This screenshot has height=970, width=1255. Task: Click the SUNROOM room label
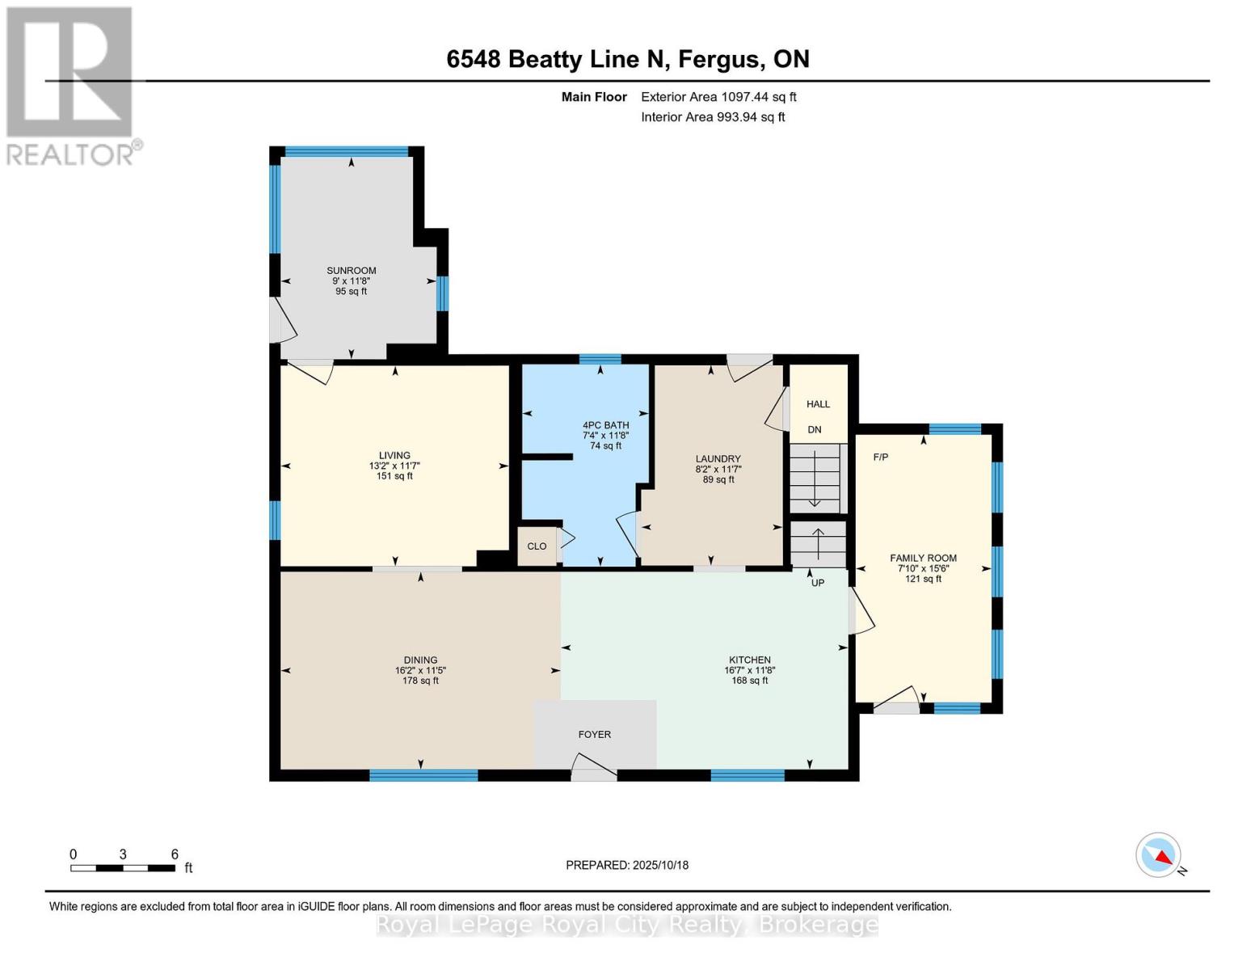tap(351, 271)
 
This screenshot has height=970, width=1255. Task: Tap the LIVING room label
tap(394, 455)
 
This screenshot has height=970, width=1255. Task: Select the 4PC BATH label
tap(605, 425)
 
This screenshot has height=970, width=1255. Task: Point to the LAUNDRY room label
tap(718, 458)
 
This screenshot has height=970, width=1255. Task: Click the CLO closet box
tap(537, 546)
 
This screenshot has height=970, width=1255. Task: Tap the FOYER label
tap(594, 734)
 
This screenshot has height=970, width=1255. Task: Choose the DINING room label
tap(420, 660)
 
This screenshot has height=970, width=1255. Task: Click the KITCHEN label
tap(749, 660)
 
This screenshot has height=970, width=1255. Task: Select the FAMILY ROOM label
tap(923, 558)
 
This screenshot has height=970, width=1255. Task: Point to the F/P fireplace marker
tap(880, 457)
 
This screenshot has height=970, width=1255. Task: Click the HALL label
tap(818, 404)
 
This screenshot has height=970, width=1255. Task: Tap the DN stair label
tap(815, 430)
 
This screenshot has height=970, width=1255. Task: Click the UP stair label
tap(818, 583)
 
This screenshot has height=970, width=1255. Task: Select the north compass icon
tap(1159, 855)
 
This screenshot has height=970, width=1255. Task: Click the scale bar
tap(123, 868)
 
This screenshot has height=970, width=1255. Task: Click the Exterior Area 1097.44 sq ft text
tap(718, 97)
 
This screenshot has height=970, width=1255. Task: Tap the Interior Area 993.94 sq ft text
tap(713, 117)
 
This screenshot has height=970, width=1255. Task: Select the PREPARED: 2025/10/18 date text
tap(627, 865)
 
